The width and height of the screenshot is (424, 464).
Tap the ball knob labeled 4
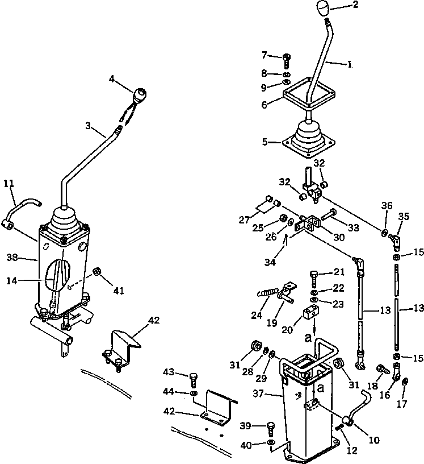click(140, 94)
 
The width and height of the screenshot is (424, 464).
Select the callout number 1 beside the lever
click(350, 65)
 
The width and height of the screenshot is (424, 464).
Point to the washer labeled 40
click(270, 442)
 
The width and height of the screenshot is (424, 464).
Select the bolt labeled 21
click(314, 277)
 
